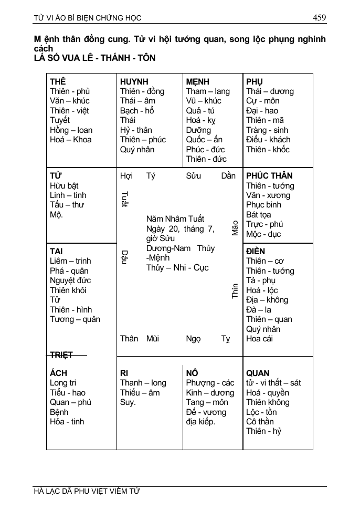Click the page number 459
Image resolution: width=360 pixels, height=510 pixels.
(319, 18)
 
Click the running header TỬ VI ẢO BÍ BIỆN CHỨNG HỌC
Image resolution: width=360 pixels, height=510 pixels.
(87, 18)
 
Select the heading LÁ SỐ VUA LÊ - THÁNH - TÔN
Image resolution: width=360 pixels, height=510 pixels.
(94, 58)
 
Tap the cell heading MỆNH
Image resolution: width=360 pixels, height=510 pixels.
(197, 82)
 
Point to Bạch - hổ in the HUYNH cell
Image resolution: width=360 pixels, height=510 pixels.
(137, 111)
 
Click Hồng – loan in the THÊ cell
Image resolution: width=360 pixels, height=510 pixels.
(71, 130)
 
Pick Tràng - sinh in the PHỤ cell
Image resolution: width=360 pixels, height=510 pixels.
(267, 130)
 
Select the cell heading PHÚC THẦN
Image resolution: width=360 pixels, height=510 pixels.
(269, 176)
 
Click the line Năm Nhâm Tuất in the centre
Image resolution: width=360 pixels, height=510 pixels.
(175, 218)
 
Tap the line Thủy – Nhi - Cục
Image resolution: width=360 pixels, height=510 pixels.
(177, 267)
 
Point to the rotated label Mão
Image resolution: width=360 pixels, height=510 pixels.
(235, 227)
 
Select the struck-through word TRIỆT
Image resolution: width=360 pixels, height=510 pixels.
(61, 355)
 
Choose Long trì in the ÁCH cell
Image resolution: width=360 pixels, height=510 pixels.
(63, 383)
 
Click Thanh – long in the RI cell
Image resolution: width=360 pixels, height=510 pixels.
(143, 383)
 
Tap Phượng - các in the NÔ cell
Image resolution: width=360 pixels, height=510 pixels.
(210, 383)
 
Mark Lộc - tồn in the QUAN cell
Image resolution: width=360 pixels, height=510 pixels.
(261, 412)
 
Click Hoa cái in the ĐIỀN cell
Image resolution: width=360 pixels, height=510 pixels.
(259, 339)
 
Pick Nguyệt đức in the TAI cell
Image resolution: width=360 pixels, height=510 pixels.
(70, 280)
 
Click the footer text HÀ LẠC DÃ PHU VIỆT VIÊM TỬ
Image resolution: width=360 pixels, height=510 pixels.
(87, 492)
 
